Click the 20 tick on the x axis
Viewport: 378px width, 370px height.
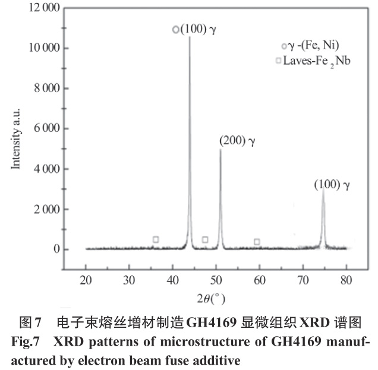click(x=86, y=279)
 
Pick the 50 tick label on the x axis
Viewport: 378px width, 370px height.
click(x=216, y=279)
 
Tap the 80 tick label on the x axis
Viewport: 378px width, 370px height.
click(x=345, y=279)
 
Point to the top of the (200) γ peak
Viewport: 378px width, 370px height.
click(x=220, y=150)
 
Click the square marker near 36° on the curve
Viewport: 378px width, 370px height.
click(x=156, y=239)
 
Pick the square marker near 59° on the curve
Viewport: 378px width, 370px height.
click(x=257, y=241)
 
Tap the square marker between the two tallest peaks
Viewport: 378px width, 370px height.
click(x=205, y=239)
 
